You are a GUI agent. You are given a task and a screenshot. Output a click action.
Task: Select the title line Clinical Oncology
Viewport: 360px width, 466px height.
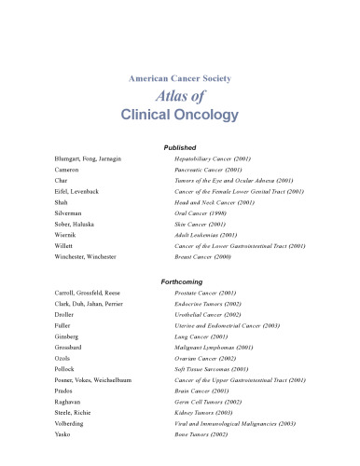(x=179, y=116)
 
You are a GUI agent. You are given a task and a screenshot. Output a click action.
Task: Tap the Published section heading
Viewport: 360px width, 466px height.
(x=179, y=147)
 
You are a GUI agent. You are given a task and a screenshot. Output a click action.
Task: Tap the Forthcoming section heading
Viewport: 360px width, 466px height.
(x=179, y=280)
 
